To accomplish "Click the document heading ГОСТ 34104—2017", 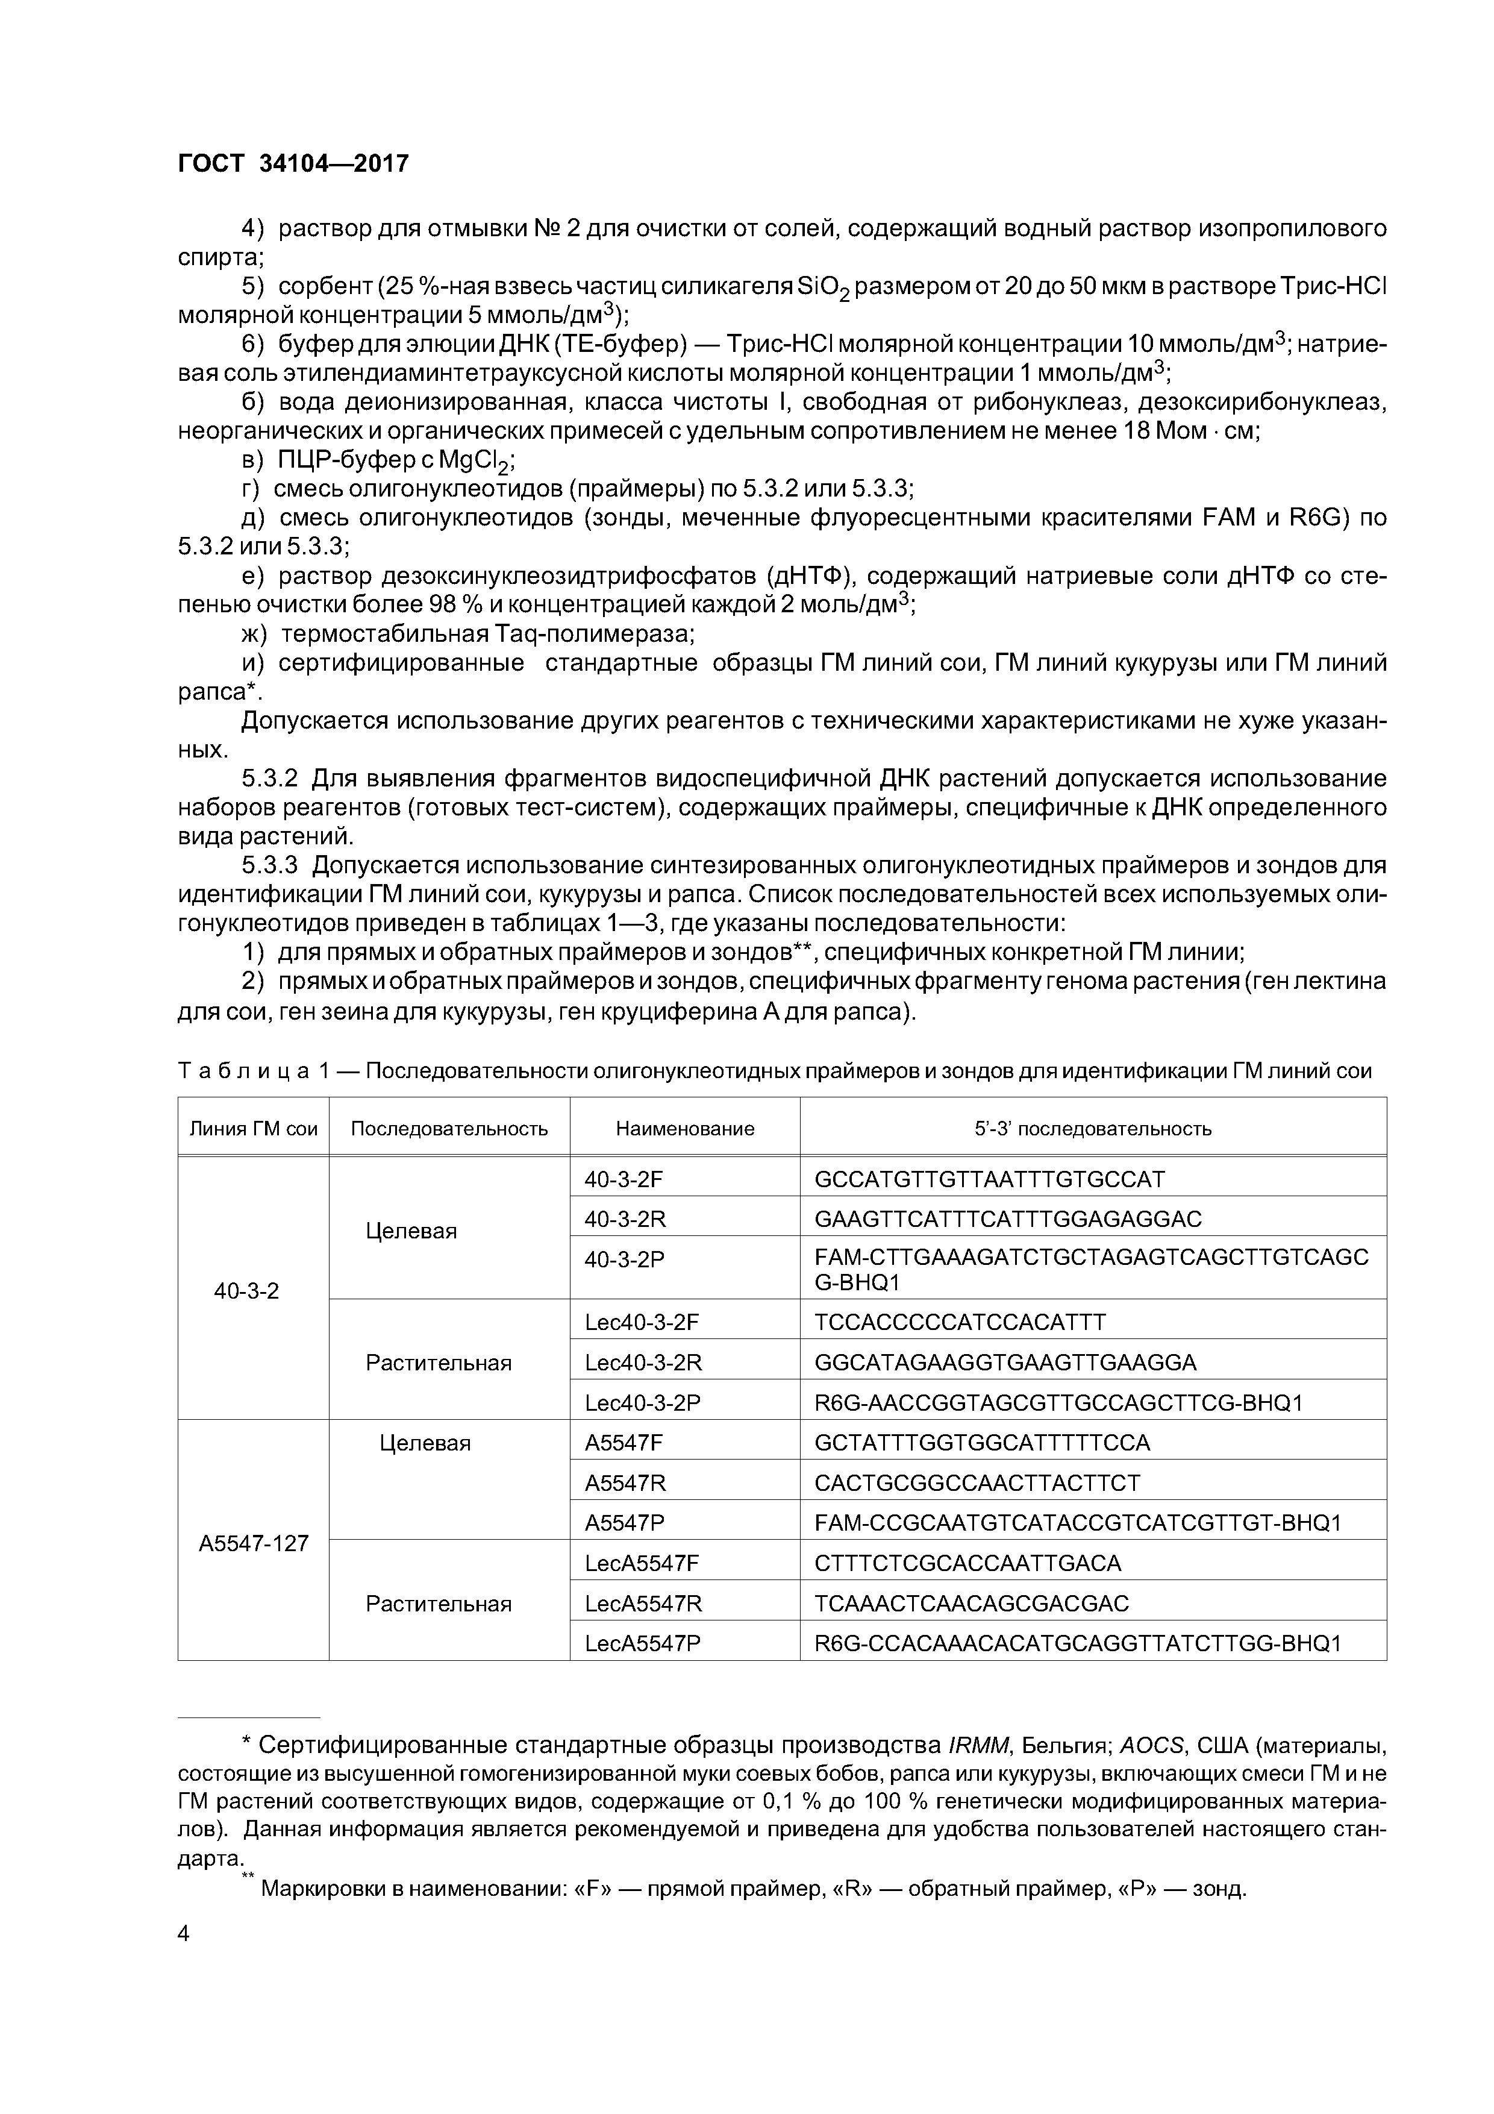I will (x=293, y=164).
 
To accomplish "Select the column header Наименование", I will (x=685, y=1129).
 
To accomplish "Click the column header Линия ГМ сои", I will (x=253, y=1129).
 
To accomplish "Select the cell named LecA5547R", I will (x=643, y=1604).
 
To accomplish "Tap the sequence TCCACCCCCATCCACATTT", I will (x=960, y=1322).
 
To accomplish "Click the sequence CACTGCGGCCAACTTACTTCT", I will (x=977, y=1483).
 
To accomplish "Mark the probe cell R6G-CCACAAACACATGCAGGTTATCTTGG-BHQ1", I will (x=1078, y=1643).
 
